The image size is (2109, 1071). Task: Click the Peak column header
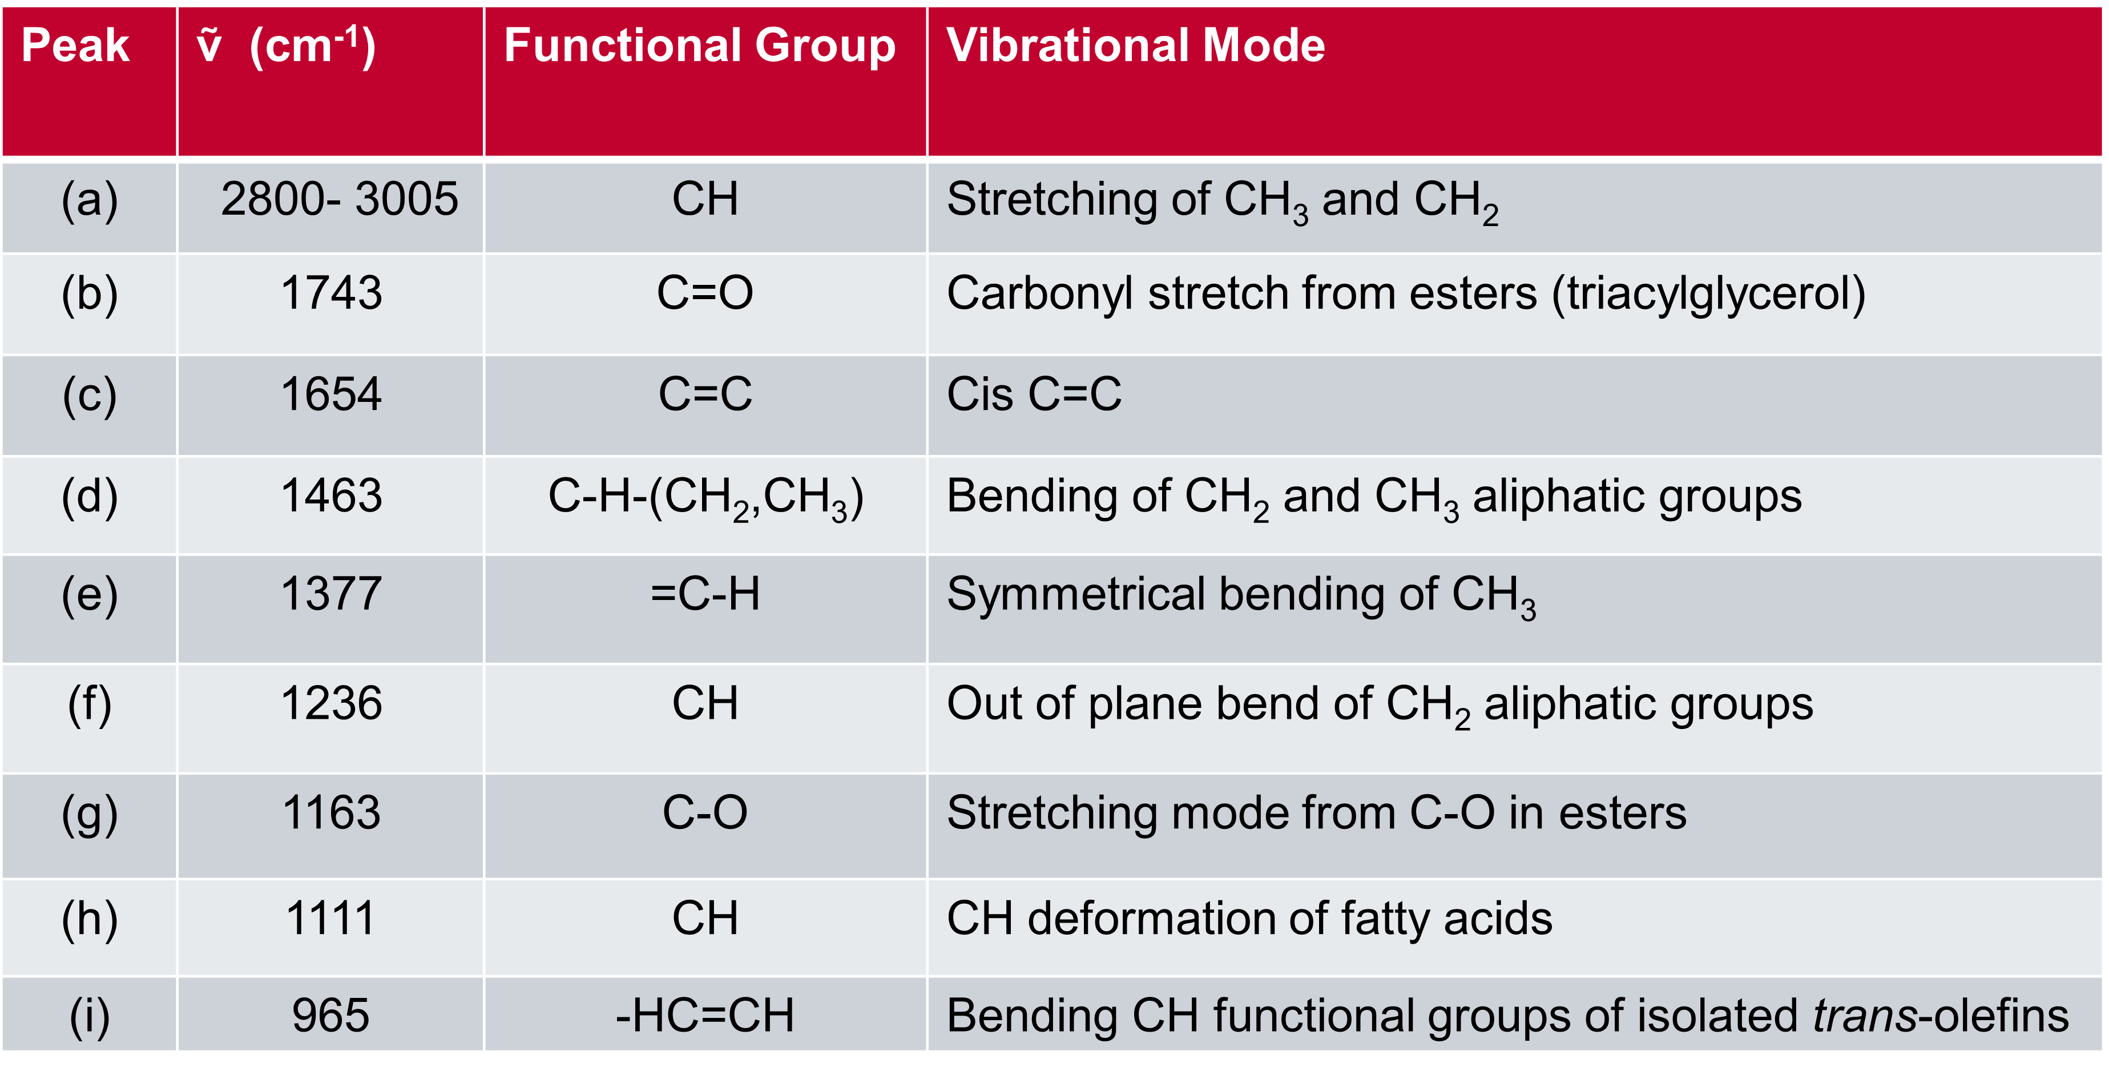(x=75, y=45)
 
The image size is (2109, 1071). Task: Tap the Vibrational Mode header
(x=1136, y=45)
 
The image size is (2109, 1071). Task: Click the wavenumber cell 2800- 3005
(x=340, y=199)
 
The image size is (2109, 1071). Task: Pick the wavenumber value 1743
(x=332, y=293)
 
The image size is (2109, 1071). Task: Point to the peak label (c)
(x=90, y=396)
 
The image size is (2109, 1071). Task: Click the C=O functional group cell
(x=705, y=293)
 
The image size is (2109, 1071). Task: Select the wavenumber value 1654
(x=332, y=394)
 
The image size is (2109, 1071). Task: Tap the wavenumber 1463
(x=332, y=496)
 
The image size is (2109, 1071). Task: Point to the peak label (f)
(x=90, y=705)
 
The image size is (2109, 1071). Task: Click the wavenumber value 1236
(x=332, y=703)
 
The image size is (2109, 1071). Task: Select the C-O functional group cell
(x=705, y=812)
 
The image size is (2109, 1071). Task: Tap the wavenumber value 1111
(x=332, y=918)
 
